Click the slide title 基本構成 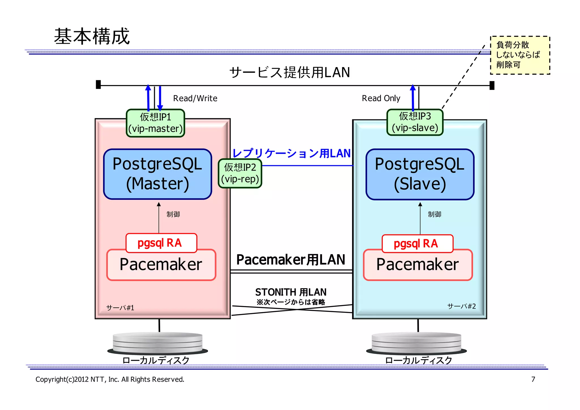92,36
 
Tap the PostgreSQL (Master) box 157,174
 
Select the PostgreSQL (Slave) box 420,174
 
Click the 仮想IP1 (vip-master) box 155,123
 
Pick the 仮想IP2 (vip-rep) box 240,173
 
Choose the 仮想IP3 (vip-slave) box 415,122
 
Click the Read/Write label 195,98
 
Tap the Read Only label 381,98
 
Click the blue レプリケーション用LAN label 291,153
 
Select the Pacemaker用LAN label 291,260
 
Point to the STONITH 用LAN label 291,292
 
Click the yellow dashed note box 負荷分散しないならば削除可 520,55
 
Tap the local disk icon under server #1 157,343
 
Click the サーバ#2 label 461,306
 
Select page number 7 533,379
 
